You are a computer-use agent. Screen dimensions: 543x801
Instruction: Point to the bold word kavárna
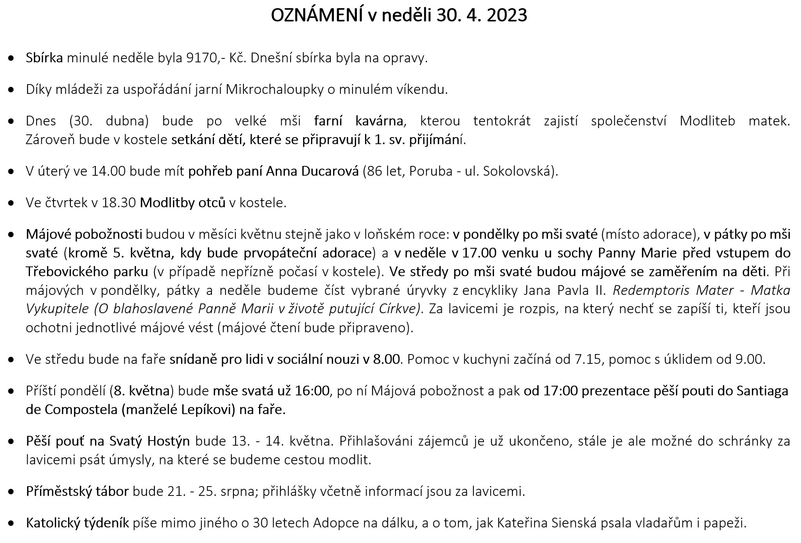click(379, 121)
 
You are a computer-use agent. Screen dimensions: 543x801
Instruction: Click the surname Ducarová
click(330, 171)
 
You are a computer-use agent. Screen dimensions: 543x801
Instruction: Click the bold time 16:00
click(312, 391)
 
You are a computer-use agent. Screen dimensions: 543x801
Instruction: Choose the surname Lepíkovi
click(208, 410)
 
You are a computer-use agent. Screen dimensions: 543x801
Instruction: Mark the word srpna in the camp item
click(238, 492)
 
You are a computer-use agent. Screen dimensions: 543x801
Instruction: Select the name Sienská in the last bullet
click(574, 523)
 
